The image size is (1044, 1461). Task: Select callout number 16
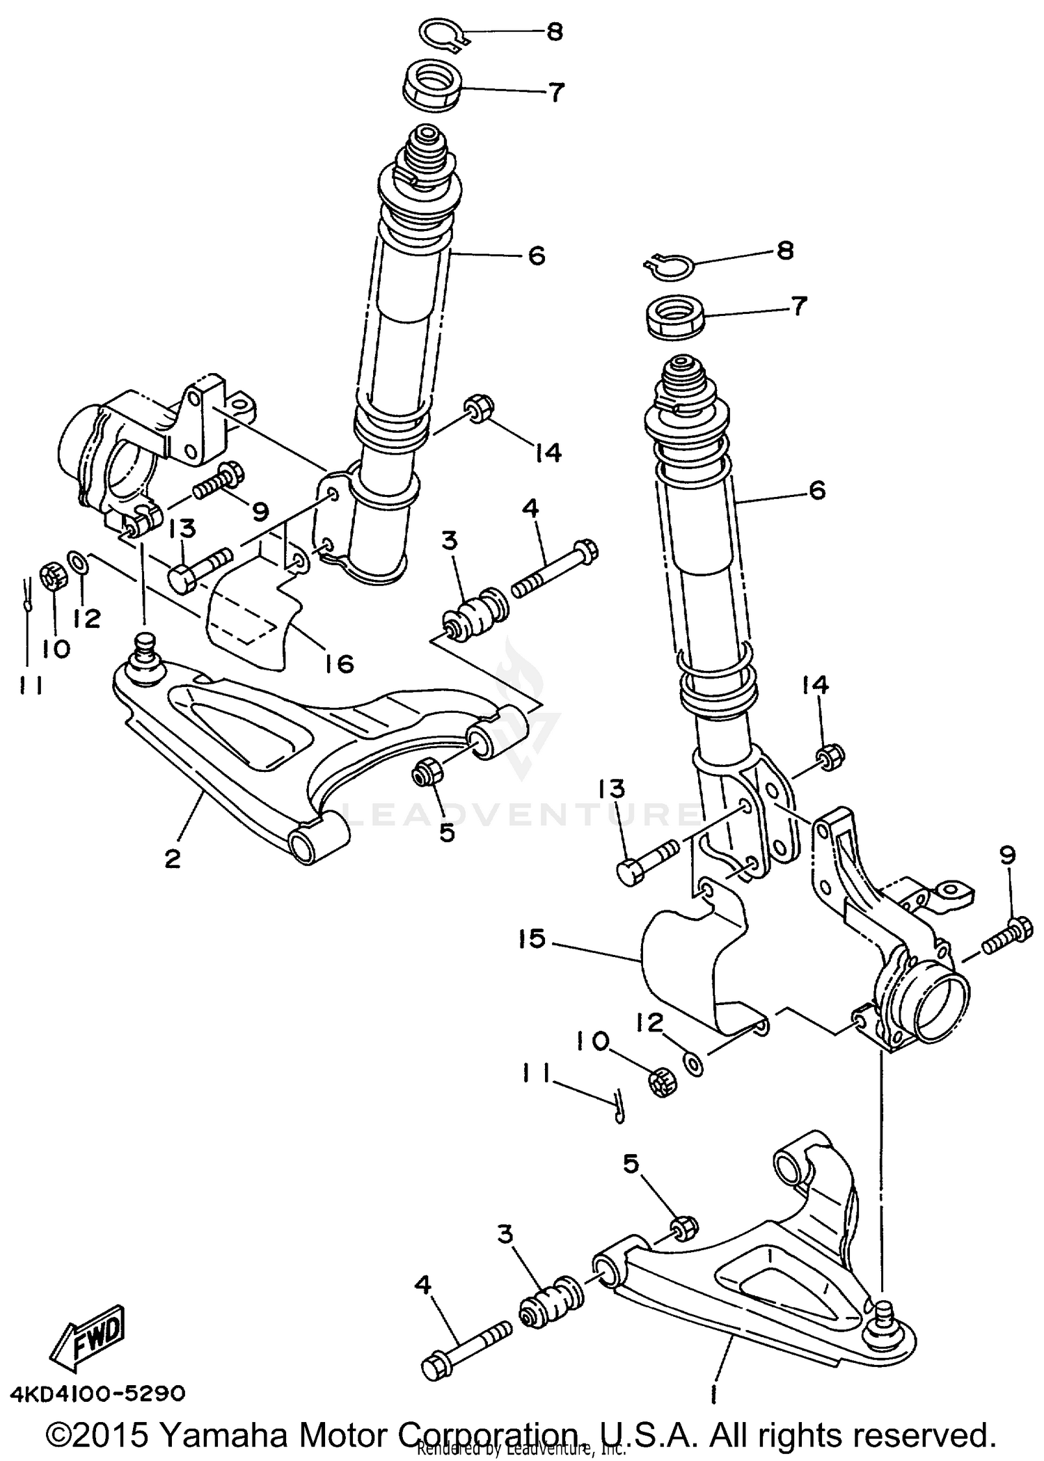pyautogui.click(x=338, y=663)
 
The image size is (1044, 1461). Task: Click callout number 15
pyautogui.click(x=532, y=939)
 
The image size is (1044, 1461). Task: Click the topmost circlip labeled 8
pyautogui.click(x=444, y=33)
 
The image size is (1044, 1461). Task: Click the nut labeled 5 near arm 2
pyautogui.click(x=425, y=771)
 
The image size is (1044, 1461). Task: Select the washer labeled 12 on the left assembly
pyautogui.click(x=77, y=562)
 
